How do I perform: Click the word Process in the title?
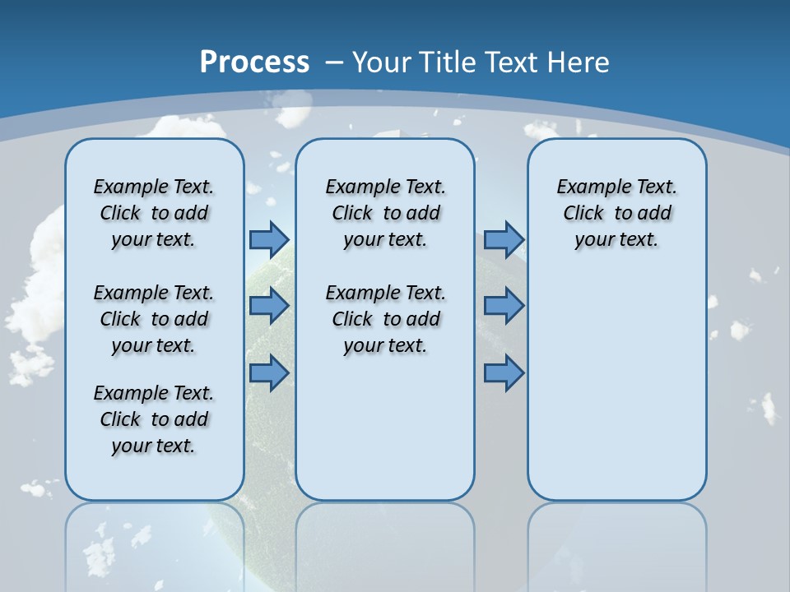254,62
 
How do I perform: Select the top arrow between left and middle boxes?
269,239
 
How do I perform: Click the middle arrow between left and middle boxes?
269,306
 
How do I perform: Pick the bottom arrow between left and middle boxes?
269,372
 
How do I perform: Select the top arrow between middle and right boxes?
504,239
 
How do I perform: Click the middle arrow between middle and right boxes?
504,306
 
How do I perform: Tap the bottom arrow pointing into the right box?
504,372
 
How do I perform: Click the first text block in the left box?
154,213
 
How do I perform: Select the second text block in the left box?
154,319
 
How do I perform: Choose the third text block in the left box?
154,419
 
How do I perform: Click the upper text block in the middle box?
385,213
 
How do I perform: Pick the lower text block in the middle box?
385,319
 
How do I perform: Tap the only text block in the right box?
616,213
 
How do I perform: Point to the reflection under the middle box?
385,543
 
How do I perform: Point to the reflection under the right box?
616,543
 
